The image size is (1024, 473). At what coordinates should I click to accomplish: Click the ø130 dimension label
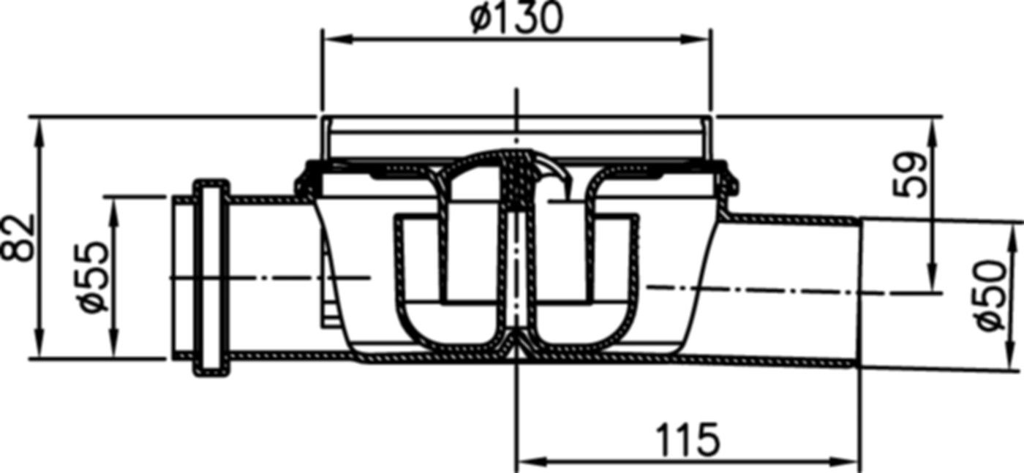(516, 18)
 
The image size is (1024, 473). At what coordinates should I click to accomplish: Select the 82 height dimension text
(18, 238)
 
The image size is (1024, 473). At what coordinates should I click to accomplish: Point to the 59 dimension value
(910, 175)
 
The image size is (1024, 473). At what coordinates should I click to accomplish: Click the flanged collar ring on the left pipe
(211, 277)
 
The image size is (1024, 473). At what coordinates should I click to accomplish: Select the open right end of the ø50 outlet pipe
(860, 292)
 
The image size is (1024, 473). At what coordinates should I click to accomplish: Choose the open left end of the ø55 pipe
(174, 277)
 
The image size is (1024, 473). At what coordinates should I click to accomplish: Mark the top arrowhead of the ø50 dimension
(1012, 232)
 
